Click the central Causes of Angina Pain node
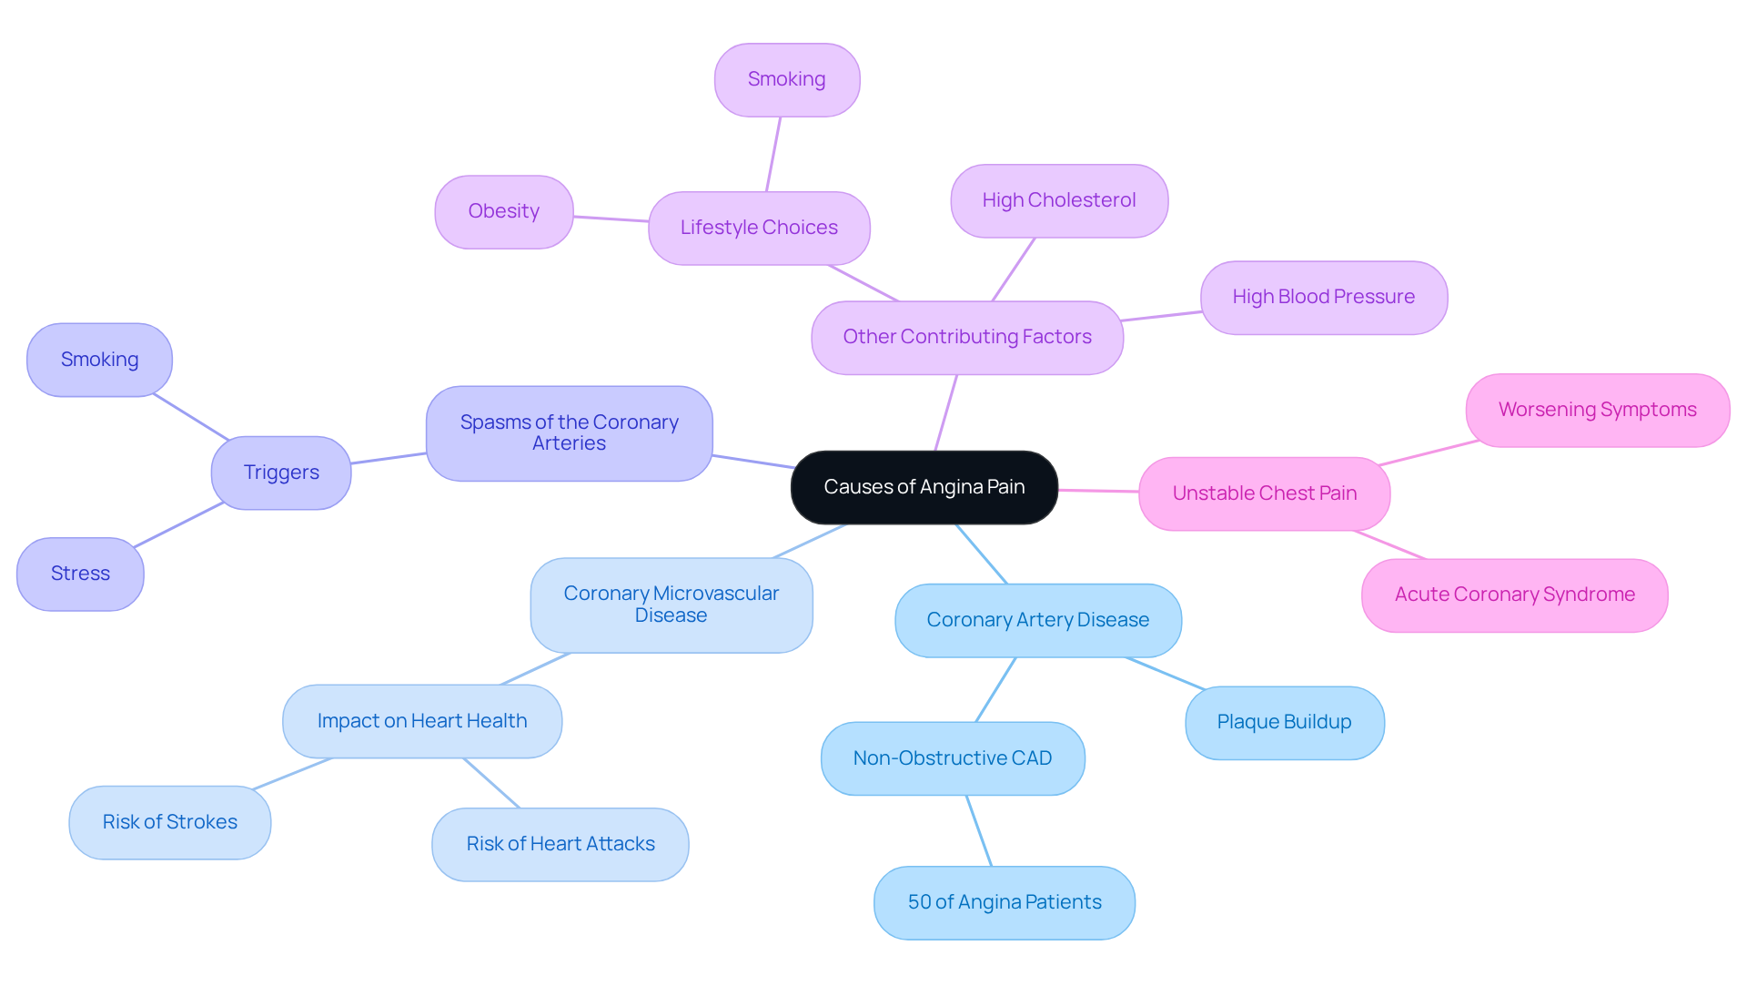pyautogui.click(x=924, y=487)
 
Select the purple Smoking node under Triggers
pyautogui.click(x=99, y=360)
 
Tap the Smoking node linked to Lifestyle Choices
pyautogui.click(x=786, y=79)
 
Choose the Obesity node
pyautogui.click(x=503, y=211)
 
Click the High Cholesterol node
pyautogui.click(x=1058, y=200)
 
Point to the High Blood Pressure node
pyautogui.click(x=1323, y=297)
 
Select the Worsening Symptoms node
pyautogui.click(x=1597, y=410)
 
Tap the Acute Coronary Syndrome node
pyautogui.click(x=1514, y=595)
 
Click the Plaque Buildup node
pyautogui.click(x=1284, y=722)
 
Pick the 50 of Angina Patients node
pyautogui.click(x=1004, y=902)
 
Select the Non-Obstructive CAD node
pyautogui.click(x=952, y=758)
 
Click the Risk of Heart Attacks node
pyautogui.click(x=560, y=844)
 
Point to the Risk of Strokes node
pyautogui.click(x=169, y=822)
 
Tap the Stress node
pyautogui.click(x=80, y=574)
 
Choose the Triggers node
pyautogui.click(x=281, y=473)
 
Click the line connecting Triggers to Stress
pyautogui.click(x=178, y=524)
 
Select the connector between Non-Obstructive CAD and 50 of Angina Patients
pyautogui.click(x=978, y=830)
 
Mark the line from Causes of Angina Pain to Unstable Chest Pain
pyautogui.click(x=1098, y=491)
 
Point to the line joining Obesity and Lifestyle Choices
pyautogui.click(x=611, y=219)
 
